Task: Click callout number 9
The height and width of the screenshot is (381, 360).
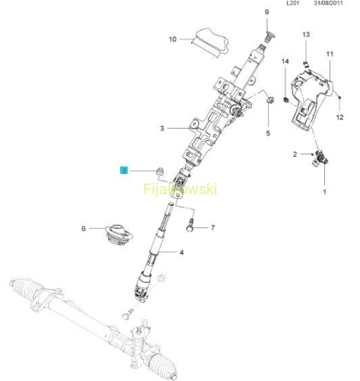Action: [x=266, y=12]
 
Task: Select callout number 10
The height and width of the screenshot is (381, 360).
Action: [x=173, y=40]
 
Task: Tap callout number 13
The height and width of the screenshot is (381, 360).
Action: [x=306, y=34]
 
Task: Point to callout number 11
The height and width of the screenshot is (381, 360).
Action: [x=330, y=54]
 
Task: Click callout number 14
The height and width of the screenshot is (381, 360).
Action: [x=285, y=61]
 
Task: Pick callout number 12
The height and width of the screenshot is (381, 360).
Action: [x=339, y=117]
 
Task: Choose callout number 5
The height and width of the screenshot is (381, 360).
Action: [x=268, y=133]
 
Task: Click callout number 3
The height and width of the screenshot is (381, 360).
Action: [x=162, y=128]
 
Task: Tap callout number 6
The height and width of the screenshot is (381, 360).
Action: [x=84, y=229]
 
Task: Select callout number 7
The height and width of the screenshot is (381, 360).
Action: [x=213, y=228]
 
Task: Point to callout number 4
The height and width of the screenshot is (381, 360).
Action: [x=182, y=252]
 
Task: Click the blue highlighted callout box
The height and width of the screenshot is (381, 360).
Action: [x=124, y=171]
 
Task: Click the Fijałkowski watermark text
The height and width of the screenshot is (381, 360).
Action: [x=180, y=189]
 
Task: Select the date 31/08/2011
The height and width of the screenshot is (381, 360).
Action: [x=328, y=3]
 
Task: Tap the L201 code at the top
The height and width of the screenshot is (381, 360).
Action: [x=293, y=3]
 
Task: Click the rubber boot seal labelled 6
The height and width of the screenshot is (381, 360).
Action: [x=119, y=235]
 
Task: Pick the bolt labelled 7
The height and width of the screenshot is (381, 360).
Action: [x=190, y=224]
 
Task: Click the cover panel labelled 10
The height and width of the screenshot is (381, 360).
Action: [x=210, y=42]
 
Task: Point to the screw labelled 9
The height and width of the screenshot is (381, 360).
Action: [x=271, y=37]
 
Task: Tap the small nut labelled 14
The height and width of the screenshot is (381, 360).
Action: [x=286, y=100]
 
